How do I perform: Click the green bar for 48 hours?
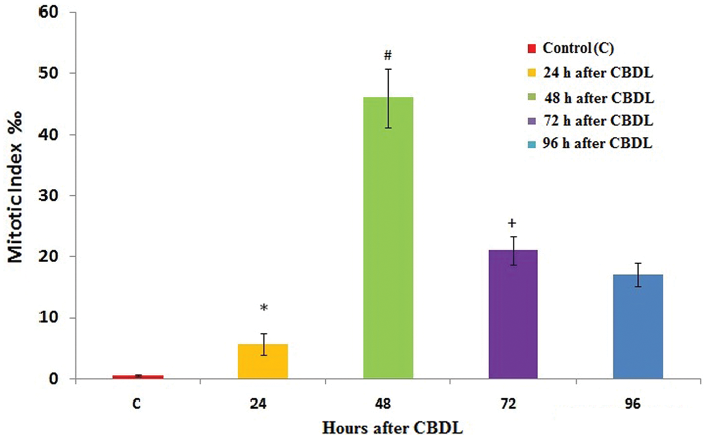(x=388, y=238)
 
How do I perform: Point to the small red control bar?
(x=139, y=376)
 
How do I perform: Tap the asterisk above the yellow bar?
(x=264, y=308)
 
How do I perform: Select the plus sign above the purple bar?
(x=512, y=223)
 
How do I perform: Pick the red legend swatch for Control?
(x=532, y=49)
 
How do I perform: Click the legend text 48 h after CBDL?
(x=598, y=97)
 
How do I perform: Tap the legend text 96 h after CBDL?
(x=598, y=144)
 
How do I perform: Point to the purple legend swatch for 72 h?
(x=532, y=121)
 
